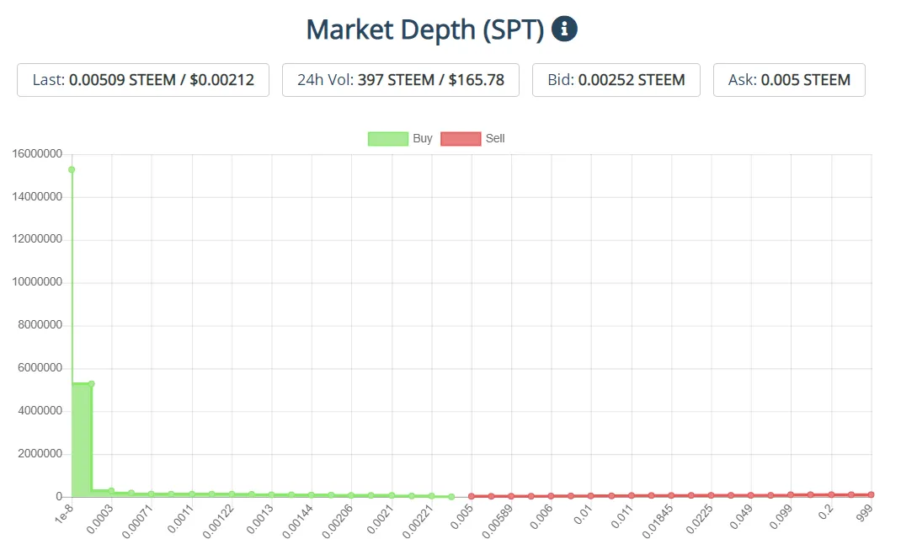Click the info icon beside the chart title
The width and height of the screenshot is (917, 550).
[564, 29]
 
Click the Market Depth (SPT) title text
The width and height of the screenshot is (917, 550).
[424, 29]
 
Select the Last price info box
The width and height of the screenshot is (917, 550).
[143, 80]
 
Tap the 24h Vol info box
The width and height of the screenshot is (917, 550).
[401, 80]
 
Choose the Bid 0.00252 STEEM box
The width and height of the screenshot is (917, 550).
[616, 80]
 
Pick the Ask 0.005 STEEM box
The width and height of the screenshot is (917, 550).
[789, 80]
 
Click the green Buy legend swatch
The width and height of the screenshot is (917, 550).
[387, 139]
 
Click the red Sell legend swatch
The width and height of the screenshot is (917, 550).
[461, 139]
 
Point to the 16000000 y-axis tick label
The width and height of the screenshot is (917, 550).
[37, 154]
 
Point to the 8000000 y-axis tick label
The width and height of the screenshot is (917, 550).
[40, 325]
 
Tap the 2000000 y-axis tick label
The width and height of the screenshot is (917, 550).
[40, 454]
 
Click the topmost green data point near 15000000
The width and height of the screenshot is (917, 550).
[72, 169]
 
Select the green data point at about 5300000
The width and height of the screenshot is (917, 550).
[92, 383]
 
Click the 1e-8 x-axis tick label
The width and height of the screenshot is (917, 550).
[62, 516]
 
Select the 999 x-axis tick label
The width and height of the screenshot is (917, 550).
[864, 515]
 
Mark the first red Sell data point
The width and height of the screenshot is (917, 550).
[472, 496]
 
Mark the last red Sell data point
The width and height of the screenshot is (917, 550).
[872, 494]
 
